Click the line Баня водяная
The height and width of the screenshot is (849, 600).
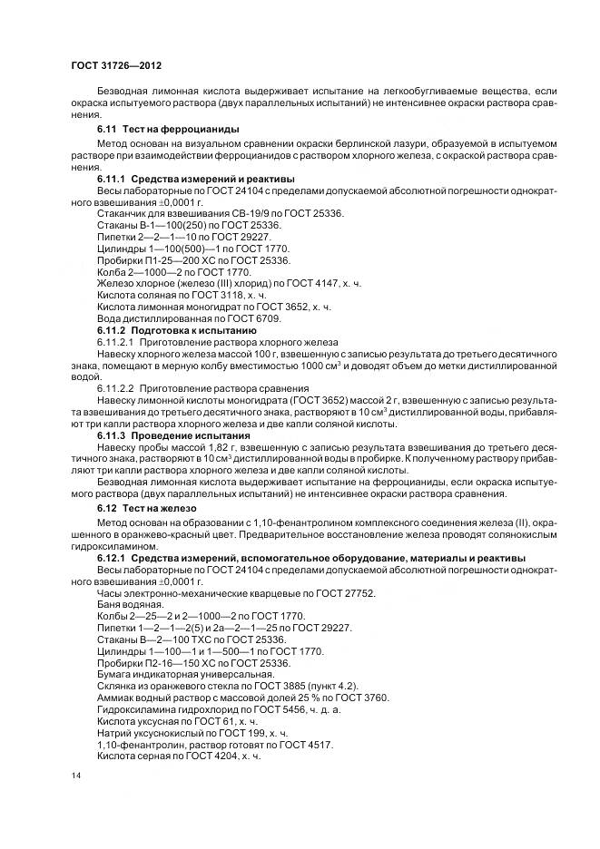coord(128,604)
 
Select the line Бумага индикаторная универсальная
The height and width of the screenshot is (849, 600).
coord(172,675)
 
